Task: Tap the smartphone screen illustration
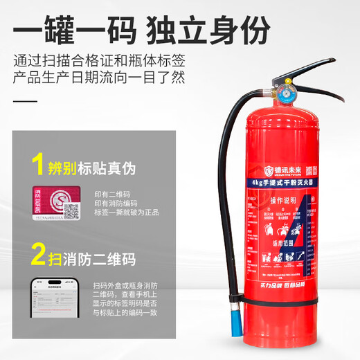click(x=51, y=299)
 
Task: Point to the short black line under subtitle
click(x=26, y=102)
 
